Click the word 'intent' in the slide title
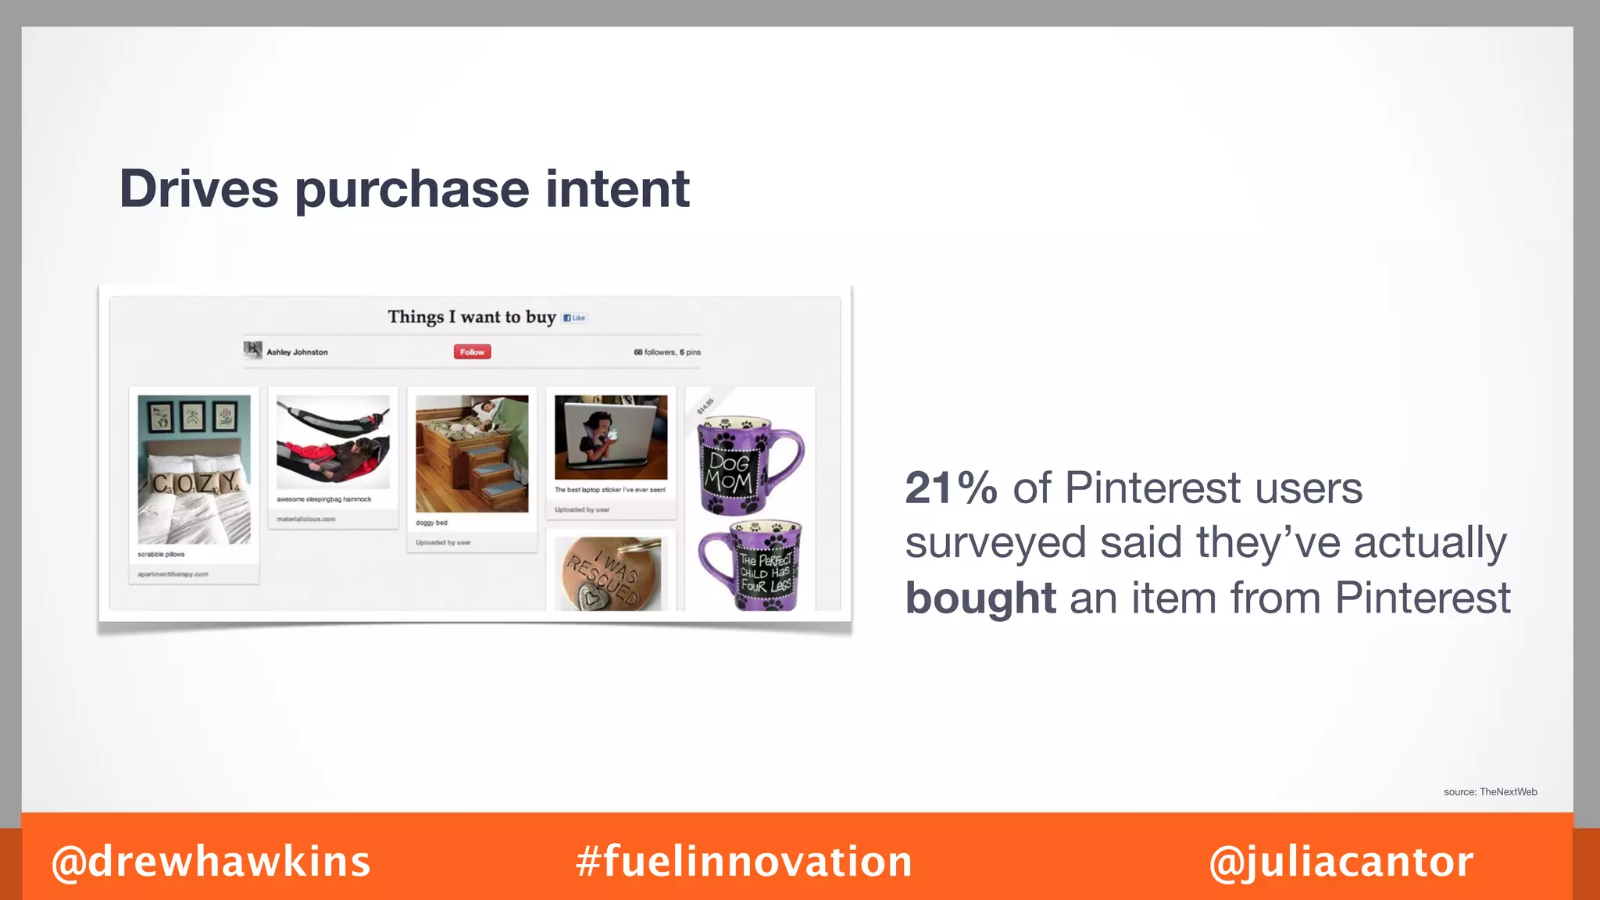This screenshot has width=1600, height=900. (x=617, y=189)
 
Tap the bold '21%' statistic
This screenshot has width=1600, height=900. (x=951, y=488)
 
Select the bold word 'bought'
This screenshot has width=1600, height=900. (x=980, y=598)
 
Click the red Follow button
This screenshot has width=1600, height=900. (x=472, y=352)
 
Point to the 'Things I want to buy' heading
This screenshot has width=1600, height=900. (x=471, y=317)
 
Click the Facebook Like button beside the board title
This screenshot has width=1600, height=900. (x=575, y=318)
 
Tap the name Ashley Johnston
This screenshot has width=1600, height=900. (x=297, y=352)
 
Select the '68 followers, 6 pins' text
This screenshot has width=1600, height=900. (x=666, y=352)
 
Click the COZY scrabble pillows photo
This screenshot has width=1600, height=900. (x=194, y=469)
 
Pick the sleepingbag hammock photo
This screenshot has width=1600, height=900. (x=333, y=441)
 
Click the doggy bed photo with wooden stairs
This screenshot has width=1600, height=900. (x=472, y=454)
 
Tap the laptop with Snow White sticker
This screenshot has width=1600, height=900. (x=611, y=437)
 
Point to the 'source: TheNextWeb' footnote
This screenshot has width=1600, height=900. (x=1490, y=791)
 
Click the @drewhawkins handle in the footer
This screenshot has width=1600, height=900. (x=211, y=862)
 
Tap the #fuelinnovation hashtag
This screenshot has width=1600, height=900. (x=744, y=862)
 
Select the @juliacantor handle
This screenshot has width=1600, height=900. (x=1341, y=862)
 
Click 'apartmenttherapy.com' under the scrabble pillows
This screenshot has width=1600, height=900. (x=173, y=574)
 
